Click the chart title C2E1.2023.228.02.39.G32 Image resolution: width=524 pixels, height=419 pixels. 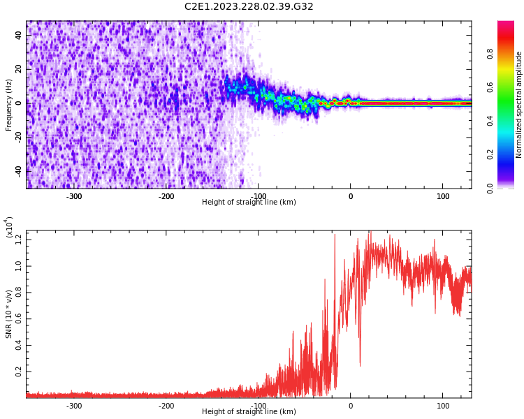(x=249, y=7)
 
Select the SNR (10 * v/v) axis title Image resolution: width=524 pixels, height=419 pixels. (x=9, y=314)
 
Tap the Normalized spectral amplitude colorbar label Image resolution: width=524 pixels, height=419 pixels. (x=519, y=105)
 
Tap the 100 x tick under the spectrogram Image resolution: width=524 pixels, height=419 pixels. (x=443, y=196)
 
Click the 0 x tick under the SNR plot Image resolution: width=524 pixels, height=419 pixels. (x=351, y=406)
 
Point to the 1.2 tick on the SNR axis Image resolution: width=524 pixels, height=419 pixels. (x=19, y=240)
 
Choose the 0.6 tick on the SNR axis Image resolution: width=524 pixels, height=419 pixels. (x=19, y=319)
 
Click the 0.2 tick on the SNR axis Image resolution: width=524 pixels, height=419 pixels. (x=19, y=372)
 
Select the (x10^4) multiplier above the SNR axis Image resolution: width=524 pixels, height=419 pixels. (x=9, y=227)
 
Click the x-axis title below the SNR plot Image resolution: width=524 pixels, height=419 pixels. (x=249, y=412)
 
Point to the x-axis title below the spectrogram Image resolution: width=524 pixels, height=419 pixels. (x=249, y=203)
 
